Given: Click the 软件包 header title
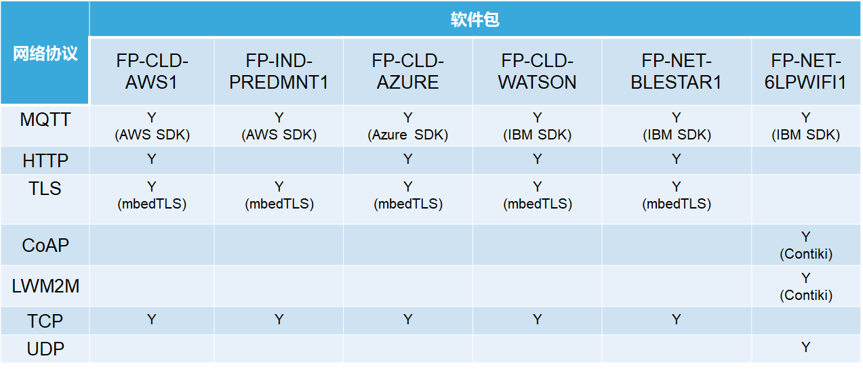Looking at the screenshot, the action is click(x=475, y=19).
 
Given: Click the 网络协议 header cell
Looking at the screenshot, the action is click(x=45, y=53).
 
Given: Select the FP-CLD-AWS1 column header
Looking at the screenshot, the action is click(x=152, y=72).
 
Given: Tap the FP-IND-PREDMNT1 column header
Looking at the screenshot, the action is click(x=279, y=72).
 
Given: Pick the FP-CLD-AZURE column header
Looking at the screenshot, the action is click(x=407, y=72).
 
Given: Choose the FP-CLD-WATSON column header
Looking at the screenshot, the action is click(x=537, y=72).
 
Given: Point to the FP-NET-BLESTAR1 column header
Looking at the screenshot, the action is click(x=676, y=72).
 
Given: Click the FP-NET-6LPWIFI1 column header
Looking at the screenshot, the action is click(x=805, y=72).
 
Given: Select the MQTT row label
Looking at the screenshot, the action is click(x=45, y=120).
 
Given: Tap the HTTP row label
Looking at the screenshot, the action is click(x=45, y=161).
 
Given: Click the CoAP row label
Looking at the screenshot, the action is click(x=45, y=246).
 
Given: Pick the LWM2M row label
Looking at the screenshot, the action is click(x=45, y=286).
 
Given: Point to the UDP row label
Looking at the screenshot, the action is click(x=45, y=349).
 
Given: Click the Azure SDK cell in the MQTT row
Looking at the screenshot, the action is click(x=407, y=126).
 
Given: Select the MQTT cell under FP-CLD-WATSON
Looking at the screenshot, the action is click(x=537, y=126).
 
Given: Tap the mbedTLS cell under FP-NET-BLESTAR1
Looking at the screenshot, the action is click(x=676, y=196).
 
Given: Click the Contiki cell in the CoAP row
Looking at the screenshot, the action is click(x=805, y=246).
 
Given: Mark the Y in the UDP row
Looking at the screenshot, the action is click(x=805, y=347).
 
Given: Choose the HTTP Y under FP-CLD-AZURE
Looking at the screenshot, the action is click(x=407, y=158).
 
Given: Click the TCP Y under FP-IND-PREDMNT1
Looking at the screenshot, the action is click(x=279, y=319).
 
